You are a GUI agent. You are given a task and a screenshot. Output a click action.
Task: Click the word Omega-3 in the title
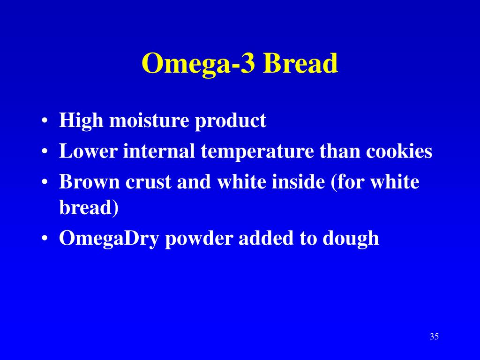199,64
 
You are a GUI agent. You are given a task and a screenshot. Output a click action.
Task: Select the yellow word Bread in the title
300,64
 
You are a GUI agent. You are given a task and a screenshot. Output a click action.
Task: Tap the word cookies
399,151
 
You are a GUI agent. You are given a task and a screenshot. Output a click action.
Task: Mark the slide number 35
434,337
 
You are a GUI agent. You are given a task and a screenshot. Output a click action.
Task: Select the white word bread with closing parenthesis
89,208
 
